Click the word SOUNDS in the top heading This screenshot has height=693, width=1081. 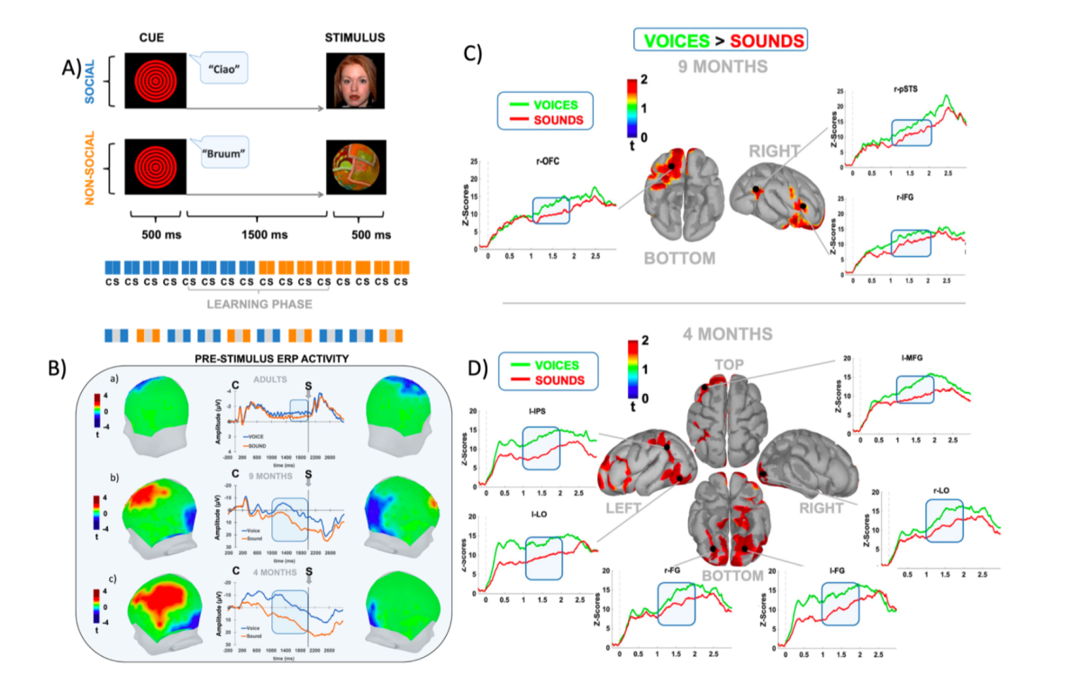tap(767, 39)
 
